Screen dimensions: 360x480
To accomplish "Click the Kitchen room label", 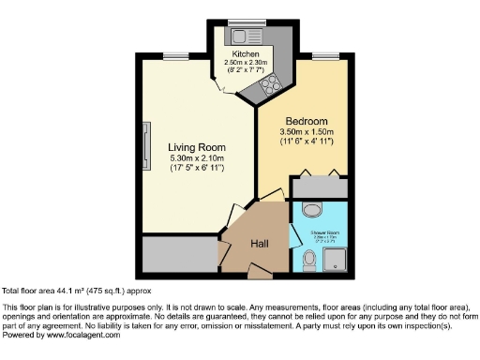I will click(x=247, y=55).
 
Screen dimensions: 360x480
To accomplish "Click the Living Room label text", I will click(x=197, y=148).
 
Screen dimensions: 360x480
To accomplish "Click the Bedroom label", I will click(x=307, y=122).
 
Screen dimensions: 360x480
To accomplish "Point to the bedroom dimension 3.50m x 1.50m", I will click(x=307, y=132).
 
